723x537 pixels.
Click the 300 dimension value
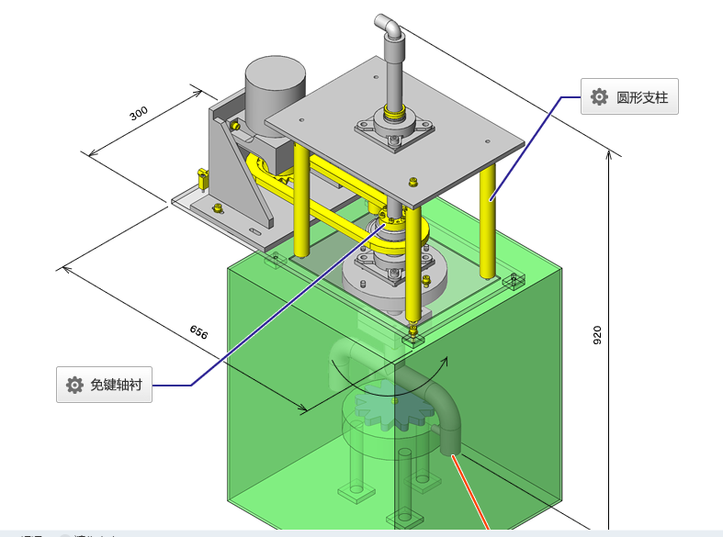pyautogui.click(x=139, y=114)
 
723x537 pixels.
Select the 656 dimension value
pyautogui.click(x=198, y=332)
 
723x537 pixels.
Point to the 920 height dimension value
pyautogui.click(x=597, y=335)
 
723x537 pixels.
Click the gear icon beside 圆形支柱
pyautogui.click(x=599, y=96)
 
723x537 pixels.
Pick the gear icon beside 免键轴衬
pyautogui.click(x=74, y=385)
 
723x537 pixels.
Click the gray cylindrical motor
pyautogui.click(x=275, y=87)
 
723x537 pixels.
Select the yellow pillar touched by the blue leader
pyautogui.click(x=489, y=220)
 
